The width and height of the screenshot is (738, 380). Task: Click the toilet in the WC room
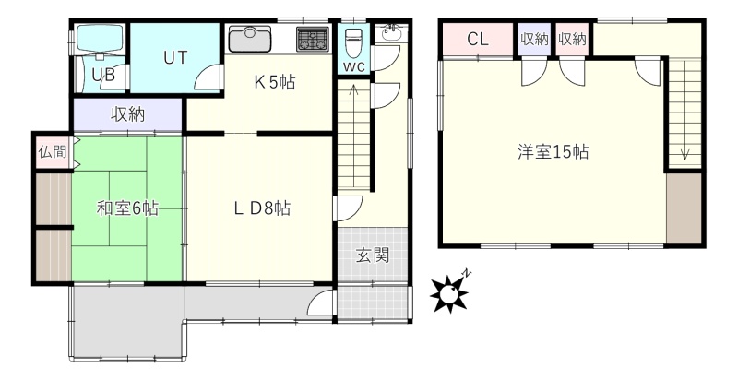coord(353,42)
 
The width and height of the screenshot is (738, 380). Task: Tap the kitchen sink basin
coord(249,39)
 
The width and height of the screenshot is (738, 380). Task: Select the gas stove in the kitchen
coord(313,39)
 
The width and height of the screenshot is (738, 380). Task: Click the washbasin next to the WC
coord(390,33)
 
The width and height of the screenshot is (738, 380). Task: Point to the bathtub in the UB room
coord(100,39)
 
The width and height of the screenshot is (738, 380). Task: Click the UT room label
coord(175,57)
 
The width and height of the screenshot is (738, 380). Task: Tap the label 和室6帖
coord(127,208)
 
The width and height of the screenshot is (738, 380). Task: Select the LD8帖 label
coord(262,208)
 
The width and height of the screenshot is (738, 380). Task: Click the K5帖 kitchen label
coord(275,83)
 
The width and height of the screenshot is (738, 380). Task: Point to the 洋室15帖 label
coord(553,152)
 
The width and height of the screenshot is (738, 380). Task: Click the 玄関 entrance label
coord(372,255)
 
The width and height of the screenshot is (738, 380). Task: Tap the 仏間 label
coord(53,152)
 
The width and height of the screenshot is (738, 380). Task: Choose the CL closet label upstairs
coord(478,39)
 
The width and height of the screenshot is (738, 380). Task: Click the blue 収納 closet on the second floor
coord(534,39)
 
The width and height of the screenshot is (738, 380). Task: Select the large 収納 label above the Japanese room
coord(127,114)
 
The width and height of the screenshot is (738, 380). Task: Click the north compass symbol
coord(450,293)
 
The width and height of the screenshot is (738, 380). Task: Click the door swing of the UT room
coord(208,77)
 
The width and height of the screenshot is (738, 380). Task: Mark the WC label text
coord(353,66)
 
